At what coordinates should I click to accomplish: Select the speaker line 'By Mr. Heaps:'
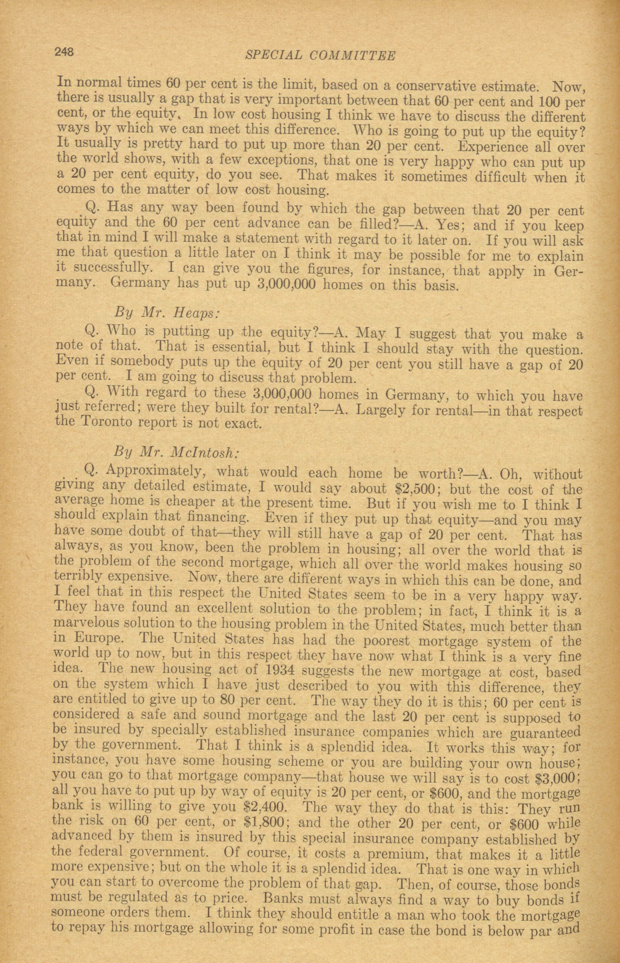coord(167,313)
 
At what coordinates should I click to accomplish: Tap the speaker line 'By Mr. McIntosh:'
coord(176,452)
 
